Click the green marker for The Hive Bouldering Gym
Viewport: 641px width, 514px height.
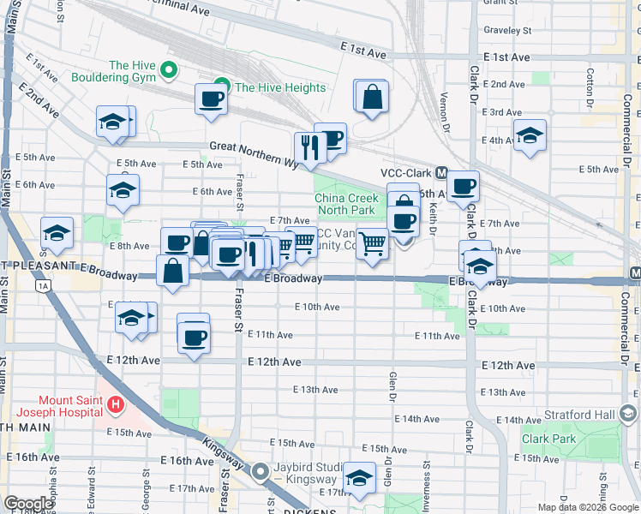pos(170,70)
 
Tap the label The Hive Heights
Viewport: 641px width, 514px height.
pos(280,87)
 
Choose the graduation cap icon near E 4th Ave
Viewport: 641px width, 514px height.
pos(530,135)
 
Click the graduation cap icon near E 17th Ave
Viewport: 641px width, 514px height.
pos(358,478)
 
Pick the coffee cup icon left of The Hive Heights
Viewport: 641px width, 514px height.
pos(211,99)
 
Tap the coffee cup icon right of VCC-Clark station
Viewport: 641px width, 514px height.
pos(463,186)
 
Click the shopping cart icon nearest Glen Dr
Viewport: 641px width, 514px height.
pos(372,243)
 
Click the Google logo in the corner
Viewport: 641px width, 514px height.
pos(28,504)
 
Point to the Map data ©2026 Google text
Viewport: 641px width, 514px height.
pos(588,507)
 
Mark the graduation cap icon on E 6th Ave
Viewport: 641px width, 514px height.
pos(123,189)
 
